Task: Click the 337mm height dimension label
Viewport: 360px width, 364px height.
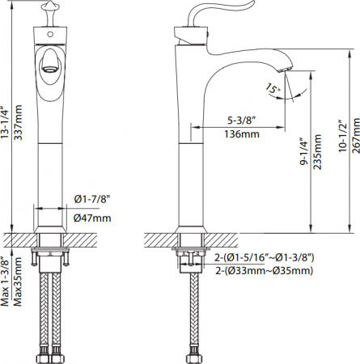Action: pyautogui.click(x=18, y=122)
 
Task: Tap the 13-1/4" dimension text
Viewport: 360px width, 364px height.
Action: pyautogui.click(x=5, y=122)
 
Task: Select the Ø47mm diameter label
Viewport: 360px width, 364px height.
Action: pyautogui.click(x=92, y=218)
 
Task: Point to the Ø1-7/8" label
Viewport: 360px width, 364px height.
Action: pyautogui.click(x=92, y=200)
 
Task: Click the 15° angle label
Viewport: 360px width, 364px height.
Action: pyautogui.click(x=273, y=90)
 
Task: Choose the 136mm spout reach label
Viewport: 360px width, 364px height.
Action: pyautogui.click(x=242, y=134)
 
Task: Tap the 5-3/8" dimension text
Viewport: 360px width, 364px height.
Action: pyautogui.click(x=241, y=121)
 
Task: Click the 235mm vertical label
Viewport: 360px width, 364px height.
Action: pyautogui.click(x=317, y=151)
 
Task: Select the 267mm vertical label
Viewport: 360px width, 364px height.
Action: pyautogui.click(x=356, y=135)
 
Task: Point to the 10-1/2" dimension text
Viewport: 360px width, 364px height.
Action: pyautogui.click(x=342, y=136)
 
